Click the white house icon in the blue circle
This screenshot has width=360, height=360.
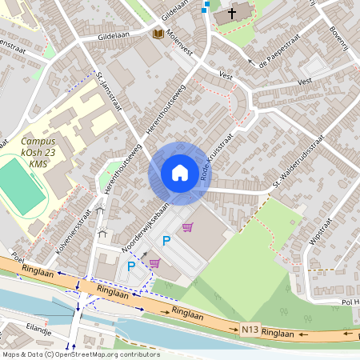(179, 172)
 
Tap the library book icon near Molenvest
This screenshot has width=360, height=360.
(158, 34)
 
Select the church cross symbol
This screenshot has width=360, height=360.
(234, 13)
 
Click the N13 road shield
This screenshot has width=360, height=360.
(250, 329)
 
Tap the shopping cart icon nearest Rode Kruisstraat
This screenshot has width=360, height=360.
(187, 228)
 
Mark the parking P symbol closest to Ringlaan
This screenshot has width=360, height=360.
(131, 266)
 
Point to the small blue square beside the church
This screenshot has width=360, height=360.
(207, 4)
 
